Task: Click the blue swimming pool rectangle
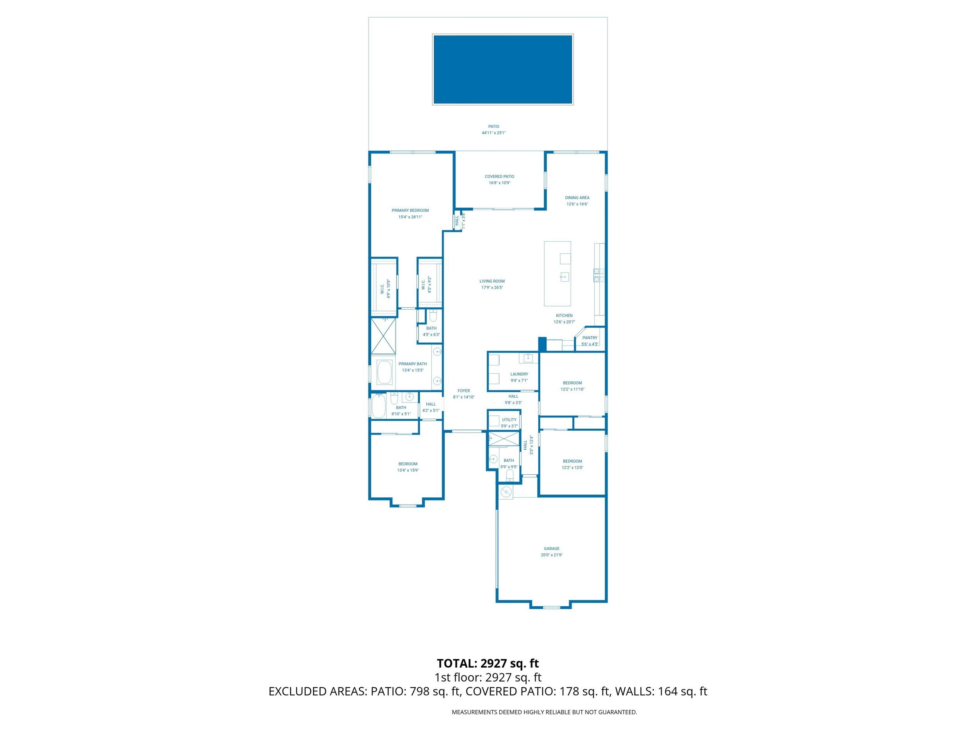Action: click(x=502, y=69)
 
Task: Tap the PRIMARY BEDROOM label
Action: click(x=410, y=210)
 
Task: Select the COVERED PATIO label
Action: click(x=499, y=176)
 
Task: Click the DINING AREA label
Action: click(x=577, y=198)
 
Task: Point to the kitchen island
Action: click(x=557, y=274)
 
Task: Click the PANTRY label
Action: click(x=590, y=338)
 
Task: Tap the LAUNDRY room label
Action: click(x=519, y=374)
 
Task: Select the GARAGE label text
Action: click(x=552, y=549)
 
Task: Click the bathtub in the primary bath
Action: click(x=384, y=372)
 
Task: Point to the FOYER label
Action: click(x=463, y=390)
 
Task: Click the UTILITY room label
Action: click(x=509, y=420)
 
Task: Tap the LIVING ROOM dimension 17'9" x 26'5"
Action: click(x=492, y=288)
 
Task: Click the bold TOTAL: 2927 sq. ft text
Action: click(x=488, y=663)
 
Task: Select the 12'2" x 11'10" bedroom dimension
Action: click(x=572, y=389)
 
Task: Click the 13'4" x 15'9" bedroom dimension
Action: click(x=408, y=470)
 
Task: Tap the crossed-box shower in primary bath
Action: click(x=383, y=335)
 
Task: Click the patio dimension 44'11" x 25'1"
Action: click(x=493, y=133)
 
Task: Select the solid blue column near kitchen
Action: click(x=542, y=344)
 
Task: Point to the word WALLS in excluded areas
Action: click(x=634, y=691)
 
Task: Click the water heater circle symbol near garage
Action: click(x=506, y=491)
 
